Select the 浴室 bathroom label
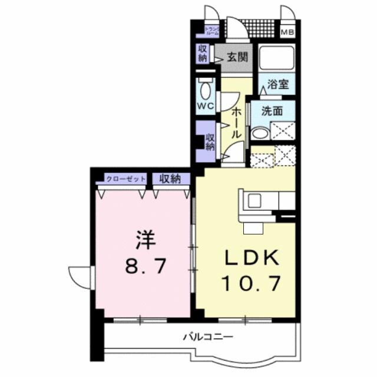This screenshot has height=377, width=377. coord(277,84)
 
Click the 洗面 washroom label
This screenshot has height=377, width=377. coord(272,110)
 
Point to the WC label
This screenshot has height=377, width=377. coord(204,107)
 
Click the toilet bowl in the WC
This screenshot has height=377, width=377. coord(205,91)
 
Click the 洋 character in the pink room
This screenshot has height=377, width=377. coord(144,240)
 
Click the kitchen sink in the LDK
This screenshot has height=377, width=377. coord(254,200)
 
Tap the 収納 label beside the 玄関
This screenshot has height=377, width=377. coord(202,54)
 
